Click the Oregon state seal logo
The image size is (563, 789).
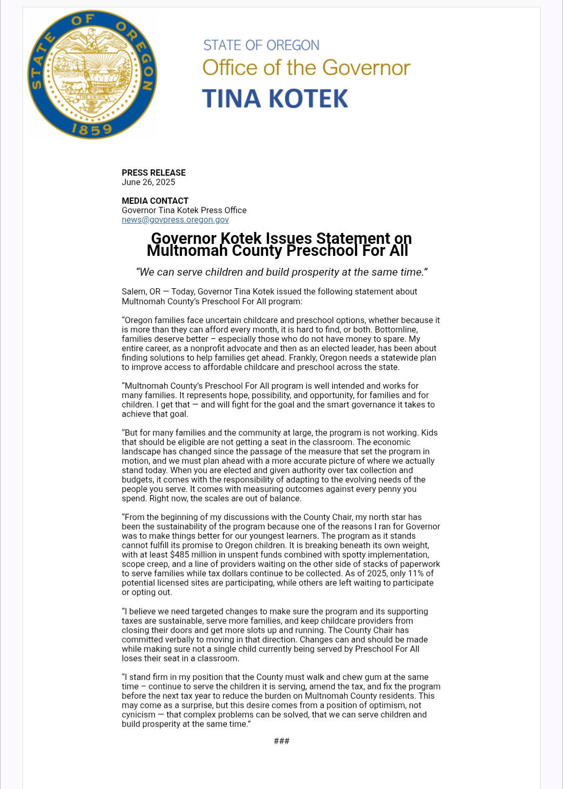92,75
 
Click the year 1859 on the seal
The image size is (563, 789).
92,129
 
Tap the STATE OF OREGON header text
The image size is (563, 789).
261,45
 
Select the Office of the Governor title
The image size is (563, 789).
306,68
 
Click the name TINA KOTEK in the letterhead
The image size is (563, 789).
275,98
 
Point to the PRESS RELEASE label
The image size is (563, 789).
154,172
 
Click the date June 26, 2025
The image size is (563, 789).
149,182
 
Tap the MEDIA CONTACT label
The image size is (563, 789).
155,201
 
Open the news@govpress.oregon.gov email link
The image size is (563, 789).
175,219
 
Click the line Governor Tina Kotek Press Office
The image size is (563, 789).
184,210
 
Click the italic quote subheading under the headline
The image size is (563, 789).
281,272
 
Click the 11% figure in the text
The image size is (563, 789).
415,573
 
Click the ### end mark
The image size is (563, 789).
281,741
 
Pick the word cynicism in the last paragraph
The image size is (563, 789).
139,714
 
